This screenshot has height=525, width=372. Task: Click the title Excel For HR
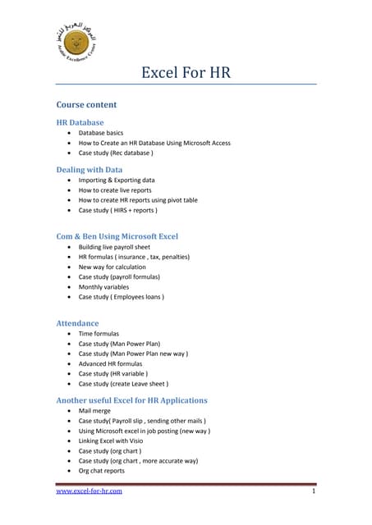pos(186,73)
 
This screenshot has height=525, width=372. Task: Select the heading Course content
pos(86,105)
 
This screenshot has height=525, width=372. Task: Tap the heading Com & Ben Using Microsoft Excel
pos(117,236)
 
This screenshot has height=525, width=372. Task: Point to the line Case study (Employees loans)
pos(121,297)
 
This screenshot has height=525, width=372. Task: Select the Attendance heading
pos(77,323)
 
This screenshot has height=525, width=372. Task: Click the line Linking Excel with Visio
pos(120,441)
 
